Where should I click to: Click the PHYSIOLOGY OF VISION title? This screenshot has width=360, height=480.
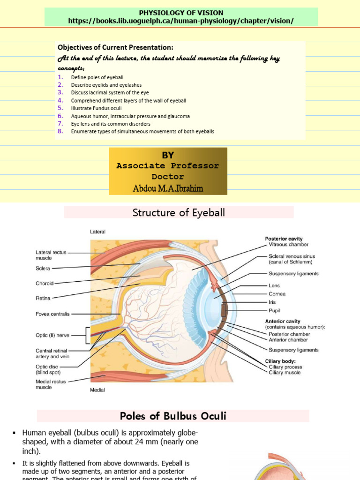pos(181,13)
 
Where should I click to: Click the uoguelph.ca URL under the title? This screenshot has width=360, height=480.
pos(181,21)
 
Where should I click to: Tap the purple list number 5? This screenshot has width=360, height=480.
pos(60,108)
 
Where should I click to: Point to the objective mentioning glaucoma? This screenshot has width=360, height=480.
pos(130,116)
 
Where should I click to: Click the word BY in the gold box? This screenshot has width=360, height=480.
pos(168,156)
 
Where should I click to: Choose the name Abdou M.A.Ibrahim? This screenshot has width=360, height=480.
pos(168,188)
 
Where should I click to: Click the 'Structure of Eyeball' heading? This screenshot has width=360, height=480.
pos(179,213)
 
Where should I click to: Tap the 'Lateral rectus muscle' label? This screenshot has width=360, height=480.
pos(50,255)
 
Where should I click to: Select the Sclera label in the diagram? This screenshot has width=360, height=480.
pos(43,269)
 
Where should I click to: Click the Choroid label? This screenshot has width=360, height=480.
pos(45,283)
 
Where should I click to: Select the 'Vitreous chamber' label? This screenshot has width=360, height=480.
pos(288,244)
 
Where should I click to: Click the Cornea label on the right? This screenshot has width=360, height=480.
pos(277,294)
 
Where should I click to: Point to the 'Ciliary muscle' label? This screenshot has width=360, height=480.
pos(285,373)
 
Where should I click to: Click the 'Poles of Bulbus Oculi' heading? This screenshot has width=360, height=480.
pos(173,416)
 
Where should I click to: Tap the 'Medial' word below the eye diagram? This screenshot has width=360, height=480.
pos(97,390)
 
